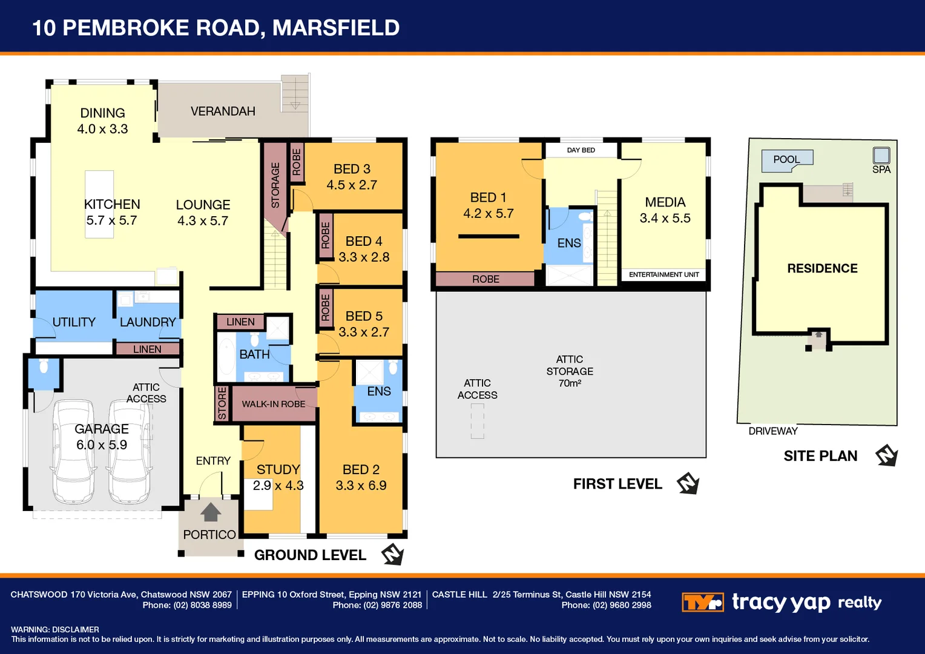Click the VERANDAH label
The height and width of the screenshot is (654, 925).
[223, 111]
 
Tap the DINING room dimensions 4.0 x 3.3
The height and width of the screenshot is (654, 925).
[102, 129]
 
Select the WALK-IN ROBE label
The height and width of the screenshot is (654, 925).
[274, 404]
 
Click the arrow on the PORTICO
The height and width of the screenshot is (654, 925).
[210, 512]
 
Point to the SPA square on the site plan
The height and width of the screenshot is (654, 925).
[881, 155]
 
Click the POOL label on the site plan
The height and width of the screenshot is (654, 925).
[786, 159]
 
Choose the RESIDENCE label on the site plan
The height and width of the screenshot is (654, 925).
[822, 268]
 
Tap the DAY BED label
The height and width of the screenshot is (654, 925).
[581, 150]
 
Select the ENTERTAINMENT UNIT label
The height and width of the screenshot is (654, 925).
[663, 275]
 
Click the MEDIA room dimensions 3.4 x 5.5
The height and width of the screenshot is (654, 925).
[665, 218]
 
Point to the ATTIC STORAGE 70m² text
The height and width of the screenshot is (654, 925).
[570, 371]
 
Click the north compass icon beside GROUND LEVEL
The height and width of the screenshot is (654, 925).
[392, 554]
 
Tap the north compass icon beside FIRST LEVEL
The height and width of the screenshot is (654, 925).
[688, 483]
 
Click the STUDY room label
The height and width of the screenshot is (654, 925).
[278, 469]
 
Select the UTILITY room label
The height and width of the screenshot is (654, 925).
[74, 322]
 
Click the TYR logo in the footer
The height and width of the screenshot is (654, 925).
[702, 603]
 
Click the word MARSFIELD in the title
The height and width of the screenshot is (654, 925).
[336, 28]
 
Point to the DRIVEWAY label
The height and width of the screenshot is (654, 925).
[772, 431]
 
